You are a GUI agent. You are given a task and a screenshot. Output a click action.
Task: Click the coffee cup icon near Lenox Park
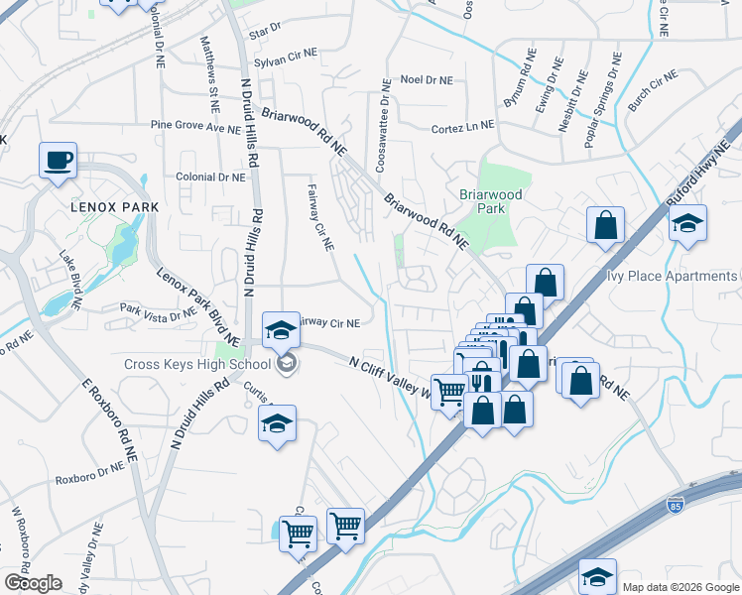pos(59,160)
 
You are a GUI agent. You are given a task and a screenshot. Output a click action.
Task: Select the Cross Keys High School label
pos(196,364)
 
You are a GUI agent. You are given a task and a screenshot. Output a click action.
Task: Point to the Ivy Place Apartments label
pos(672,276)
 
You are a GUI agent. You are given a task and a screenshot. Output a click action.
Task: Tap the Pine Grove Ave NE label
pos(188,126)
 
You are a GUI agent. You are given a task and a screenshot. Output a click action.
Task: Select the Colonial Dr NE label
pos(209,177)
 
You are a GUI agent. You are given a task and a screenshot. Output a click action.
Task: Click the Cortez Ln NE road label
pos(462,127)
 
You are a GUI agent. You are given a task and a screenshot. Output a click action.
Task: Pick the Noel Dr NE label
pos(426,79)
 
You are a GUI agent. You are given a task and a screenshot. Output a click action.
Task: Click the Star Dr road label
pos(266,34)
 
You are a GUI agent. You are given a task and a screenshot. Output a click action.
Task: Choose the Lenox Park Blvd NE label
pos(198,305)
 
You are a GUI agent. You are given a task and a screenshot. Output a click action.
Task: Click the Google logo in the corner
pos(33,583)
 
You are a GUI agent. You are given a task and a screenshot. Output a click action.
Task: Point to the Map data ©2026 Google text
pos(680,586)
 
